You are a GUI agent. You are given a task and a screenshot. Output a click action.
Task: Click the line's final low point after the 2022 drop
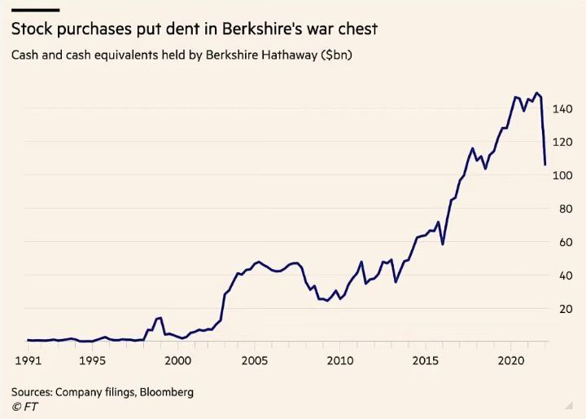[544, 165]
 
